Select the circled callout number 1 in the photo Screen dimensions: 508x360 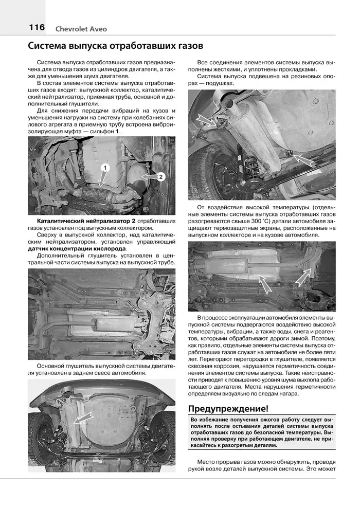[105, 168]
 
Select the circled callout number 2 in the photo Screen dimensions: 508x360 [160, 177]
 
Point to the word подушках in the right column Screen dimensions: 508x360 [218, 83]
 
